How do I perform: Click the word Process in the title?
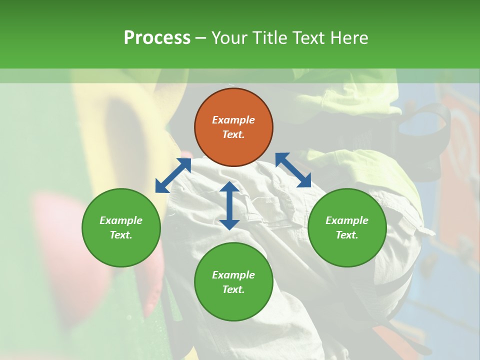pos(157,38)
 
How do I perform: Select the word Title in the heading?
pos(272,38)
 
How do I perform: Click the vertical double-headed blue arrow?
pos(229,205)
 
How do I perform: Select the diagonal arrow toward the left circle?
pos(173,175)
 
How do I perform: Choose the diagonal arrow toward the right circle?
pos(293,170)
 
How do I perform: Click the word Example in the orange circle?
pos(233,120)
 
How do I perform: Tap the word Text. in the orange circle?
pos(233,134)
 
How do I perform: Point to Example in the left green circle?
pos(121,220)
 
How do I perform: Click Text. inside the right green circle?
pos(347,235)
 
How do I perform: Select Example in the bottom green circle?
pos(233,275)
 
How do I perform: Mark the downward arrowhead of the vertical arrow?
pos(229,223)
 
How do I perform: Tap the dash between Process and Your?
pos(200,38)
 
